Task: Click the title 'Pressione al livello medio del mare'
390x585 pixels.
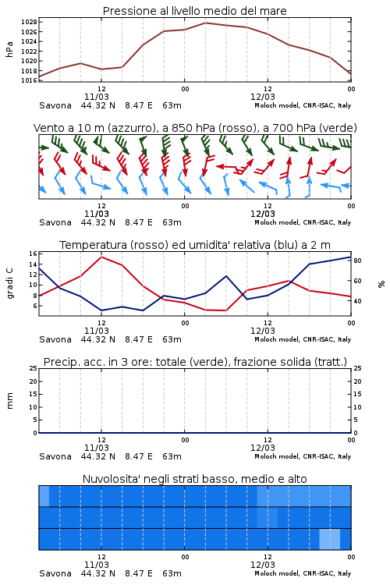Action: pos(194,11)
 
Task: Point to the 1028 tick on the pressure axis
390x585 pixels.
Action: pos(29,22)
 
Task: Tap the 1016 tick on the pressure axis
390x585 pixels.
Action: pos(29,80)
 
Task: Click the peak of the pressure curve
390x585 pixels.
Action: pos(205,23)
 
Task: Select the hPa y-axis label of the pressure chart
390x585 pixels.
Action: pos(9,49)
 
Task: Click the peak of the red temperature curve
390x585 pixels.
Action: pos(101,257)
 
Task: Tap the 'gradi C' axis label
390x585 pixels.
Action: pos(10,284)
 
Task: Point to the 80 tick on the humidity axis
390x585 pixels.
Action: pos(357,261)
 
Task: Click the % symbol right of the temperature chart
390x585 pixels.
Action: pos(381,284)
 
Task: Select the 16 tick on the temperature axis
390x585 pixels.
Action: pos(33,253)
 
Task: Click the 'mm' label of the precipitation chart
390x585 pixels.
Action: pos(10,400)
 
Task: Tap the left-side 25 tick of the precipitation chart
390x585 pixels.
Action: pos(34,368)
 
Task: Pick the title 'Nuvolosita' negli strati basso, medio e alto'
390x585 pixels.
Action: pos(195,479)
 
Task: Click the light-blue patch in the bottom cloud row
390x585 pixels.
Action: pos(329,539)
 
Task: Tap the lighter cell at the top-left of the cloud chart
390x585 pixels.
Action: pos(44,496)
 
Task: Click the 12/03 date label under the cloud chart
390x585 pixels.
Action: pos(263,565)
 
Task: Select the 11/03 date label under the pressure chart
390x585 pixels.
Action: pos(97,97)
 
